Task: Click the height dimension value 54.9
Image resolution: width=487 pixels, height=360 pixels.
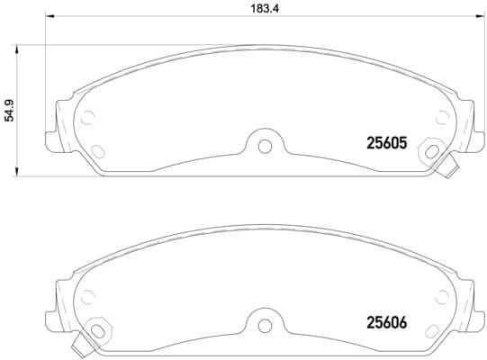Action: pos(10,111)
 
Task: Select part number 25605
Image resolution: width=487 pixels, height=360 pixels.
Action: pos(387,142)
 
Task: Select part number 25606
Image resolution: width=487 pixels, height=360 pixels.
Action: pos(387,320)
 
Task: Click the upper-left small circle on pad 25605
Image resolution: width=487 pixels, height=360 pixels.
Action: pos(87,116)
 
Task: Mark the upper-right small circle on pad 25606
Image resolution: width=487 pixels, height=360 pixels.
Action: pos(440,294)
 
